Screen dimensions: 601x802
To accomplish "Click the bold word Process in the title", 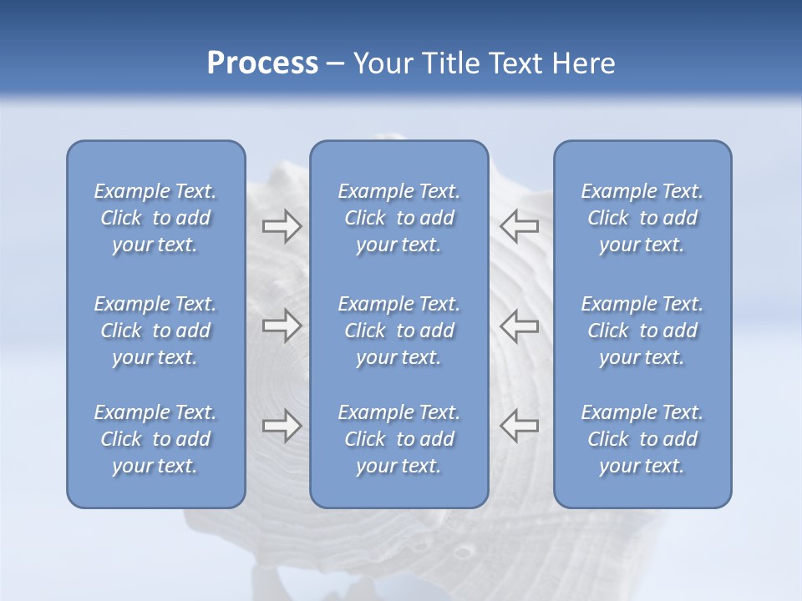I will tap(262, 63).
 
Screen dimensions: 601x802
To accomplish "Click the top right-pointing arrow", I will tap(282, 226).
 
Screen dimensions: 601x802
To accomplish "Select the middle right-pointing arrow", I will tap(282, 326).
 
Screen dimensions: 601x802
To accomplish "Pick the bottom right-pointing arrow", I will tap(282, 426).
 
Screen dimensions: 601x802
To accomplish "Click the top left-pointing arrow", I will tap(519, 226).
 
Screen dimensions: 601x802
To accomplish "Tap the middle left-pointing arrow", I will tap(519, 326).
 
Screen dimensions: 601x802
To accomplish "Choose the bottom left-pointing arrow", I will tap(519, 426).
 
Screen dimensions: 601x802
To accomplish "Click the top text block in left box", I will tap(155, 218).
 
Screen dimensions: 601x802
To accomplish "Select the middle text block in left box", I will tap(155, 331).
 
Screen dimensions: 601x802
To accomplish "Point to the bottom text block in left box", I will tap(155, 439).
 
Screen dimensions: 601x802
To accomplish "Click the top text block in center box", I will tap(399, 218).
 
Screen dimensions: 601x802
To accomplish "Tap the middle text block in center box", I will tap(399, 331).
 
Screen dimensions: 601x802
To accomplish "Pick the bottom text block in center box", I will tap(399, 439).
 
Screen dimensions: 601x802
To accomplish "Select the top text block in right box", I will tap(642, 218).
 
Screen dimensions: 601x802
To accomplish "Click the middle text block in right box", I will tap(642, 331).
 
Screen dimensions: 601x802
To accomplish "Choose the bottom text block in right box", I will tap(642, 439).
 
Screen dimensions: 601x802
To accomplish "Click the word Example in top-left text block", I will tap(131, 191).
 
